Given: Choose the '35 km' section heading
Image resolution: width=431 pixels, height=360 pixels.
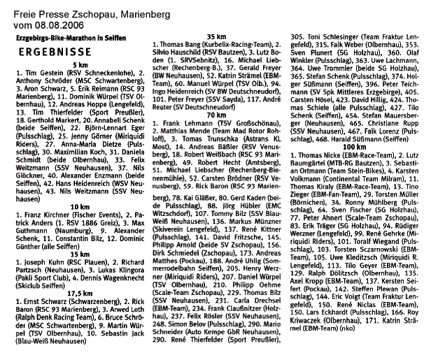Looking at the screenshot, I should [215, 34].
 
